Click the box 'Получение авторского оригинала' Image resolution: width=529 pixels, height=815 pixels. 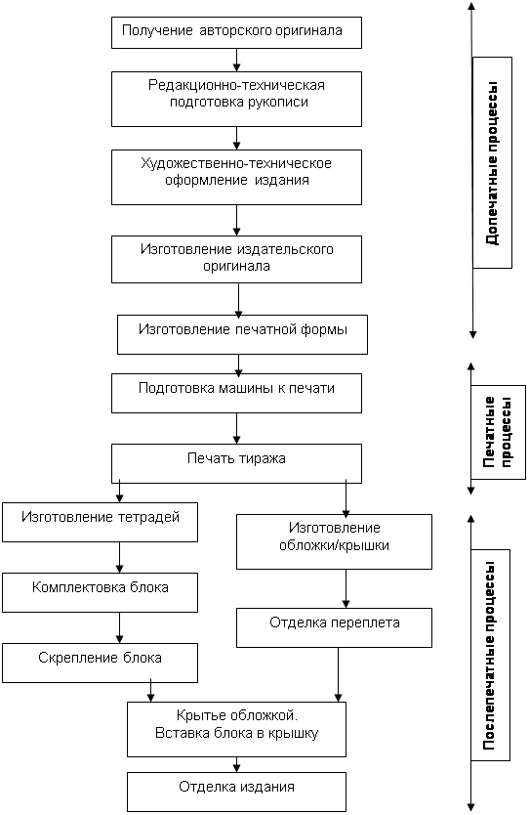tap(236, 33)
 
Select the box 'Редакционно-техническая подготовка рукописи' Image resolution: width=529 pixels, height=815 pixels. tap(236, 99)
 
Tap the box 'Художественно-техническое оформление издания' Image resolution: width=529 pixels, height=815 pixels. tap(236, 177)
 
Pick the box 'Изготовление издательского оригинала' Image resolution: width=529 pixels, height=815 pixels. tap(236, 259)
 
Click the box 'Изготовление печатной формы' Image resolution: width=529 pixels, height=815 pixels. tap(242, 334)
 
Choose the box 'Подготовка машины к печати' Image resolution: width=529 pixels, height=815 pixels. tap(236, 394)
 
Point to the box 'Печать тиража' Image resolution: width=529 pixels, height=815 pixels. tap(236, 463)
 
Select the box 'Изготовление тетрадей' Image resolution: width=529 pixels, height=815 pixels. tap(101, 522)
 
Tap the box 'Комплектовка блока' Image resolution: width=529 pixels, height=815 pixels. tap(101, 592)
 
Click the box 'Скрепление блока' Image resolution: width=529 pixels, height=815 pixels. tap(101, 663)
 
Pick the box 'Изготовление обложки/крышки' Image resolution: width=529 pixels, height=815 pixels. tap(334, 541)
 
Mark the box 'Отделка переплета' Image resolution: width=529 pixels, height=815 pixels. tap(334, 627)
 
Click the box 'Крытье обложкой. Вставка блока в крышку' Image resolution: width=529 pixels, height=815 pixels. tap(236, 729)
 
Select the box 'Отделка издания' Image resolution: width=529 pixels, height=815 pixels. tap(236, 792)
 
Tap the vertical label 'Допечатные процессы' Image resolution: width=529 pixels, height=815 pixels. tap(492, 162)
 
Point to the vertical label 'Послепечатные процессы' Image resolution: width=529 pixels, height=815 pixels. tap(489, 656)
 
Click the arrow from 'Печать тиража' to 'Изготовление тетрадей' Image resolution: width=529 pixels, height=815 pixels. tap(120, 493)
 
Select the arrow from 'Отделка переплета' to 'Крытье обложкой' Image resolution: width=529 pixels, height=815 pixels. tap(339, 674)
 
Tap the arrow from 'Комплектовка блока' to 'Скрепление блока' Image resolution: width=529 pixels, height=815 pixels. tap(120, 628)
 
